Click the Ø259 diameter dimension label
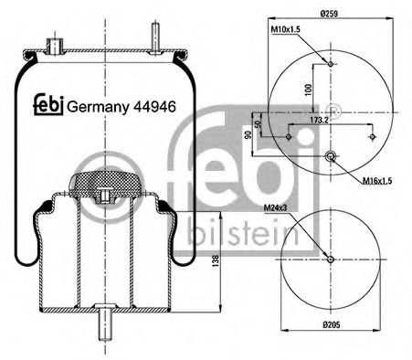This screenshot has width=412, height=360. tap(331, 14)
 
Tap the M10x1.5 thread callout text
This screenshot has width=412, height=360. tap(286, 31)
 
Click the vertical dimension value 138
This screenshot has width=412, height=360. tap(216, 260)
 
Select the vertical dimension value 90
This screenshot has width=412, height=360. tap(248, 135)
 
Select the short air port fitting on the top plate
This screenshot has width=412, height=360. tap(54, 44)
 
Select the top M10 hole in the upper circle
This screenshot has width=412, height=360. tap(330, 64)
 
